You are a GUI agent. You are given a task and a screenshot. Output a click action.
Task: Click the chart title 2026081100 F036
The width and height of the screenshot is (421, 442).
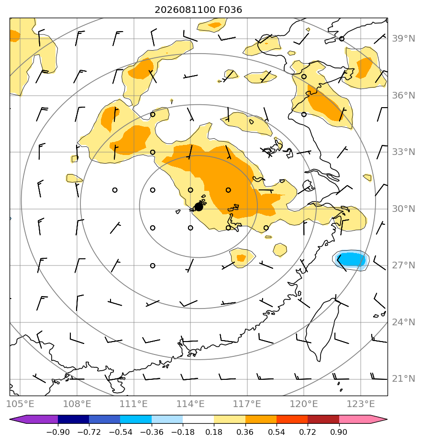198,10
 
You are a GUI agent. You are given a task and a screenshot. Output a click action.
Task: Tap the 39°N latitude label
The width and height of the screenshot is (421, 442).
403,38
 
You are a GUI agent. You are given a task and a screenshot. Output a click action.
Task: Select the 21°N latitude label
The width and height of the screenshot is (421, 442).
403,378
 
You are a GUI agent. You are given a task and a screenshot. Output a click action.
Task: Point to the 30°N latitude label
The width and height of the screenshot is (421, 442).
403,209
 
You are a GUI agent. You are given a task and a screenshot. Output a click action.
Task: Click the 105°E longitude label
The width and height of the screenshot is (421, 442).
20,404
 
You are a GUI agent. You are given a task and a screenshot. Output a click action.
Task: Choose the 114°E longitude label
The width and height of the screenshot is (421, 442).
190,404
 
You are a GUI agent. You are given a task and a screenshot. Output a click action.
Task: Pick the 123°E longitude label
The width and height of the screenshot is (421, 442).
361,404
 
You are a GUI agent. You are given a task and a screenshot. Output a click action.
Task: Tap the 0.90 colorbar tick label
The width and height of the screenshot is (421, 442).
339,432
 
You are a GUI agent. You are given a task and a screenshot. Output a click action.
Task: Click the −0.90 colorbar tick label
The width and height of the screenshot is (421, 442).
58,432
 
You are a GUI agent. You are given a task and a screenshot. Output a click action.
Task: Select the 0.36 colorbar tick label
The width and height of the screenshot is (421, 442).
245,432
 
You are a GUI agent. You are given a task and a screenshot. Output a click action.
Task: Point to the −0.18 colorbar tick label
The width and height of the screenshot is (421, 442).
183,432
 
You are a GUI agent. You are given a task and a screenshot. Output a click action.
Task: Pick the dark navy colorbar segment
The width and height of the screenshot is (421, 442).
73,419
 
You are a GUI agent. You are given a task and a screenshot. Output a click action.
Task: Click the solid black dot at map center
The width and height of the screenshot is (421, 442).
199,207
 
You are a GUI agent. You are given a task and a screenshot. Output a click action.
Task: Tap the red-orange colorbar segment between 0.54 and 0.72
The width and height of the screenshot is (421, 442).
292,419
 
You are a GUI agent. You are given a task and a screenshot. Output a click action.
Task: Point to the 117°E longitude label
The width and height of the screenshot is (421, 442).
247,404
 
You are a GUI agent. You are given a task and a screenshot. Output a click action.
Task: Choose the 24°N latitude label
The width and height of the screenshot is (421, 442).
403,322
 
